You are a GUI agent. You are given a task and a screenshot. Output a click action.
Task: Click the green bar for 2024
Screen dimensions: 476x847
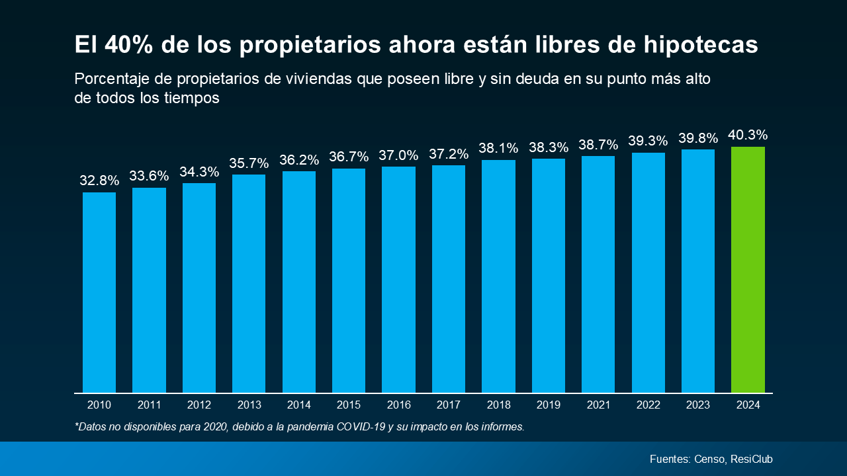coord(748,270)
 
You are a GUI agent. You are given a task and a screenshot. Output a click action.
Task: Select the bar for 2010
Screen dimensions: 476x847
coord(99,292)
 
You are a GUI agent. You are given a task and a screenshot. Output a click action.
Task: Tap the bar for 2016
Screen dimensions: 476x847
coord(399,279)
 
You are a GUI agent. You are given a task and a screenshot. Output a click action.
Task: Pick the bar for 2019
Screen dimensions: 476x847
coord(549,276)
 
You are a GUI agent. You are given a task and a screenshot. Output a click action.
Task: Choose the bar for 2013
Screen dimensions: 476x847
coord(249,284)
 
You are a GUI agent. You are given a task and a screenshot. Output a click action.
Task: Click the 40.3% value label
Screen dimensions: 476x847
coord(748,136)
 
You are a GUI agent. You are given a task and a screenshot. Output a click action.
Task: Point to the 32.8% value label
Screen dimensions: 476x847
coord(99,180)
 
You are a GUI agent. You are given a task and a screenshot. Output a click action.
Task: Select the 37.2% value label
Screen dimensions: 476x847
coord(449,154)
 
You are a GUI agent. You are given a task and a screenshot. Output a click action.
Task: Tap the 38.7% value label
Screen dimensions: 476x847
coord(598,145)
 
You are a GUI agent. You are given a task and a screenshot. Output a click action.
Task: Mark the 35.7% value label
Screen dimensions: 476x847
coord(249,163)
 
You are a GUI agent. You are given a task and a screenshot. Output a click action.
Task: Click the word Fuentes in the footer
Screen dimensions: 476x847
coord(670,459)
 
